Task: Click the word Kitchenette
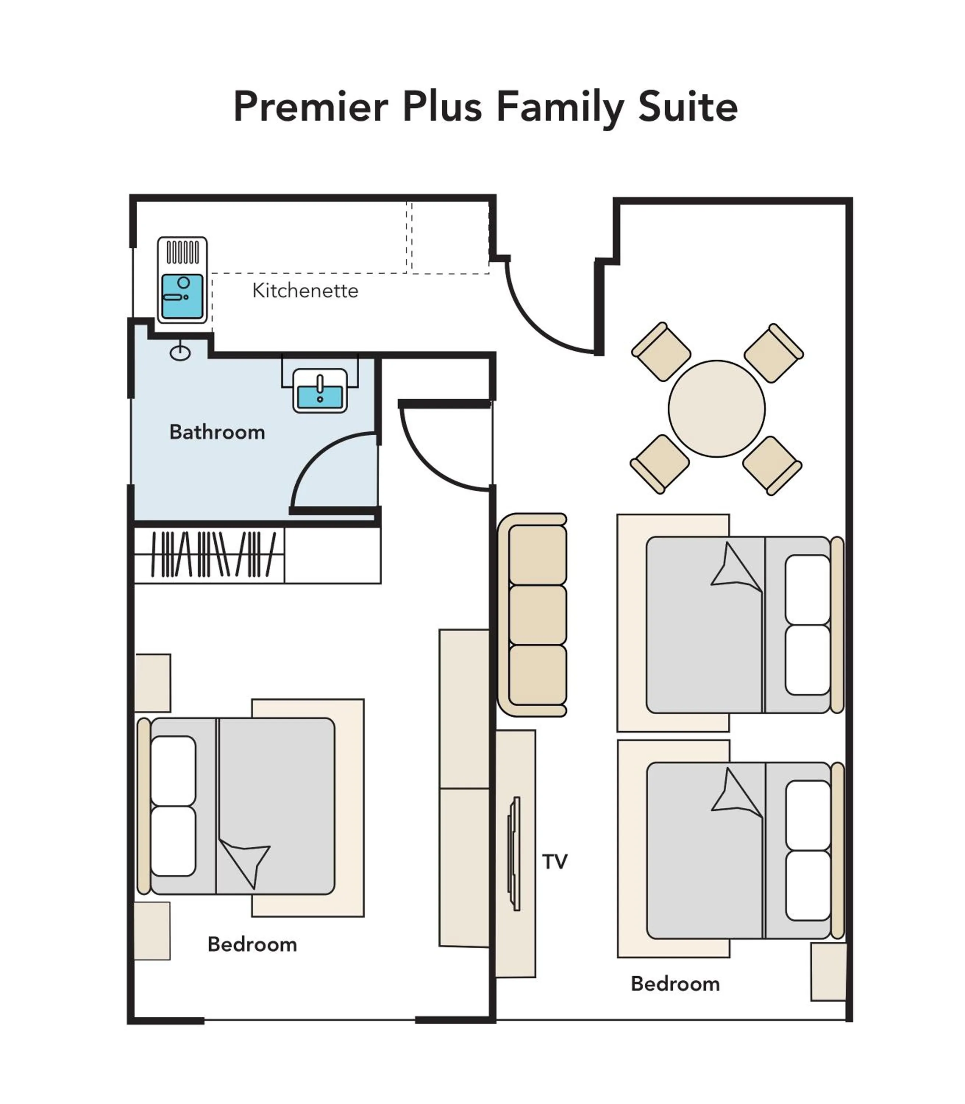[x=305, y=291]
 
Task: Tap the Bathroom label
[x=217, y=432]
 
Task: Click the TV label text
[x=555, y=861]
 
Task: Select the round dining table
[x=716, y=408]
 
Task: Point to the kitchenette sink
[x=182, y=296]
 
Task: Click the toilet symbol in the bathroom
[x=181, y=353]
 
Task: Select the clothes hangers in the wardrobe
[x=214, y=555]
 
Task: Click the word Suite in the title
[x=688, y=107]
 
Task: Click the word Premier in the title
[x=311, y=107]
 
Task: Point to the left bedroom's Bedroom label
[x=252, y=945]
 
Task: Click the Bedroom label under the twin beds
[x=675, y=984]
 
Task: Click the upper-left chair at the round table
[x=661, y=352]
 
